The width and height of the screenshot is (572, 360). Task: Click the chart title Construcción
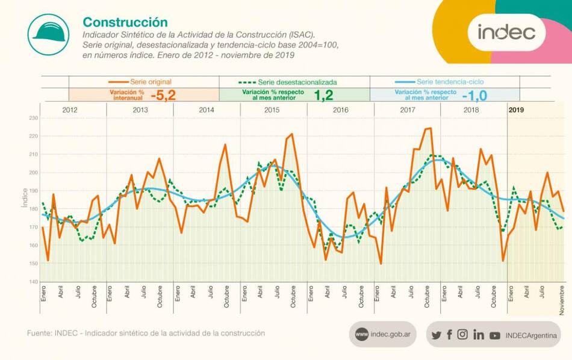coord(125,22)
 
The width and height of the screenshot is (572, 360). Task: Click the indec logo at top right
coord(506,32)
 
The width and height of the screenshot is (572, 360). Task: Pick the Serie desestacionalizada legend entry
coord(288,81)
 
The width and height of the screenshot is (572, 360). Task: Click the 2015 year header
coord(272,110)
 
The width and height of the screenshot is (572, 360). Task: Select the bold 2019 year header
coord(517,110)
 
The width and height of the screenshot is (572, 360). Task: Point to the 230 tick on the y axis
coord(34,119)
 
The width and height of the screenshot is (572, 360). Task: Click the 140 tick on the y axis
coord(34,282)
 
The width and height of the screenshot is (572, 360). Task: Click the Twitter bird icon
coord(437,335)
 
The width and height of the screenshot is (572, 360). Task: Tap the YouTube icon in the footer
coord(495,335)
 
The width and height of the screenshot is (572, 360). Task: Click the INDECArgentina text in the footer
coord(531,335)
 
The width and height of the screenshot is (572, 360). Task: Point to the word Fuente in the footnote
coord(39,333)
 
